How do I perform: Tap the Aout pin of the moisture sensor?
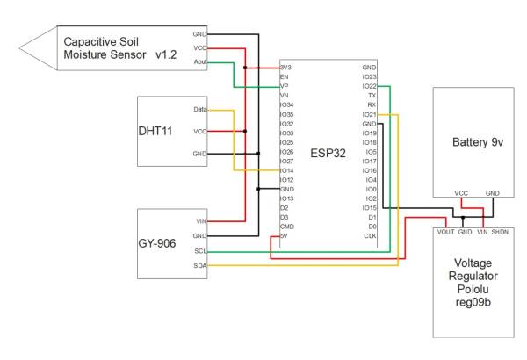[200, 61]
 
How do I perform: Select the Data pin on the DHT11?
[200, 111]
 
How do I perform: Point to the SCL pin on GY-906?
[200, 251]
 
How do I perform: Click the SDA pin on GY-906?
[200, 264]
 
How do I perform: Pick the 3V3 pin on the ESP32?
[285, 67]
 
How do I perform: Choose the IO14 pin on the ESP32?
[286, 170]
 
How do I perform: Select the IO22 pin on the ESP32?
[370, 85]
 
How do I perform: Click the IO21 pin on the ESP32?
[370, 114]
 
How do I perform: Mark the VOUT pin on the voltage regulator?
[445, 232]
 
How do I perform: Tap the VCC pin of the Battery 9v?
[460, 192]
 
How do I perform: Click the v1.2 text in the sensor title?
[164, 55]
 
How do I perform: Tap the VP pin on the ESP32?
[284, 86]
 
